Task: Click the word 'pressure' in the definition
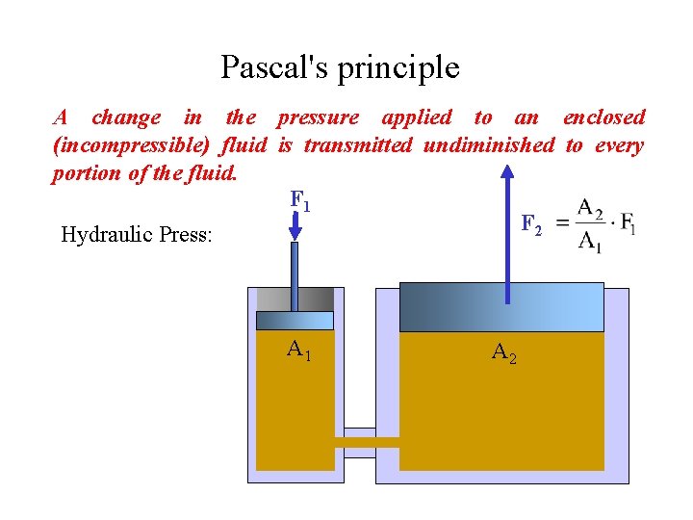318,118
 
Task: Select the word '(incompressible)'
131,146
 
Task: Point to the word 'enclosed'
603,118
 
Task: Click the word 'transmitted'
358,146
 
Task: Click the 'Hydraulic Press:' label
137,234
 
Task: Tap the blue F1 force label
299,201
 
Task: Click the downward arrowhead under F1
295,231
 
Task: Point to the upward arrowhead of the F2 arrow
507,172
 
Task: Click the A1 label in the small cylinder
298,350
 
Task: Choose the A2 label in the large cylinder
503,353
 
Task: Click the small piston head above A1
295,321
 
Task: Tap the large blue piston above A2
501,307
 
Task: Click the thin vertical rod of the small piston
295,275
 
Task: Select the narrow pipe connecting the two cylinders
367,442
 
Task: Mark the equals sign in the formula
562,224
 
